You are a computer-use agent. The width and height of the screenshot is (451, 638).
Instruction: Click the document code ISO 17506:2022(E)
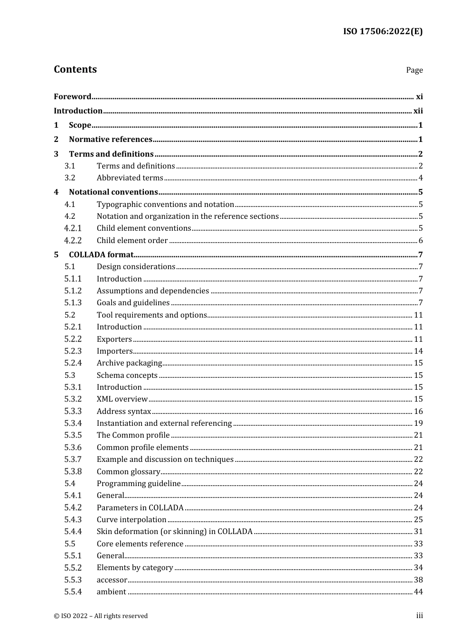(x=383, y=32)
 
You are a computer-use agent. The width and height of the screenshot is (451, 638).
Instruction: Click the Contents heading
(x=75, y=69)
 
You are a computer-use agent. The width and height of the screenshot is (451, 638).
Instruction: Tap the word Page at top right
(x=414, y=70)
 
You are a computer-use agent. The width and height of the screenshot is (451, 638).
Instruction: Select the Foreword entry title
(x=72, y=97)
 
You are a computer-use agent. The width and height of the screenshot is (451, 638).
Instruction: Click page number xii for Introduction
(x=418, y=111)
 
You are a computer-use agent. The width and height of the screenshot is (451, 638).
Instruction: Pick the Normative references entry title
(x=111, y=140)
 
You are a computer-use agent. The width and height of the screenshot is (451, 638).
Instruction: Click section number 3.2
(x=70, y=178)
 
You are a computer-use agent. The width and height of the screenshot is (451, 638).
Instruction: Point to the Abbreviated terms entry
(x=130, y=178)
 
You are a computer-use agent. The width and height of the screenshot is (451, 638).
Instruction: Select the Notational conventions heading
(x=113, y=192)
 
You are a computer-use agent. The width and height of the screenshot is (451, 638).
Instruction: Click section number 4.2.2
(x=73, y=241)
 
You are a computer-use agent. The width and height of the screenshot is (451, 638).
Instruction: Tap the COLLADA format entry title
(x=101, y=255)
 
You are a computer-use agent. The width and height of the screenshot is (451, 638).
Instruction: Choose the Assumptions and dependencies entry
(x=152, y=291)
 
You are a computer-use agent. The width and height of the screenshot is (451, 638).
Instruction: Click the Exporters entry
(x=114, y=339)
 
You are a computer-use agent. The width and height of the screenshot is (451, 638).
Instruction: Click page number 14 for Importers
(x=418, y=351)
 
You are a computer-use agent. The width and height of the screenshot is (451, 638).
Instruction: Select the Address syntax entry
(x=123, y=412)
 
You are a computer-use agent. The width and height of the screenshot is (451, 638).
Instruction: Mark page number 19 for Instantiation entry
(x=418, y=423)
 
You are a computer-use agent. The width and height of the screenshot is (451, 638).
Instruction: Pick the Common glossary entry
(x=128, y=472)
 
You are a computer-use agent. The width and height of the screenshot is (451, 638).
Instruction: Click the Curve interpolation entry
(x=132, y=520)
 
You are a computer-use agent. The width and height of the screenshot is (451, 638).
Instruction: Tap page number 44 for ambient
(x=418, y=592)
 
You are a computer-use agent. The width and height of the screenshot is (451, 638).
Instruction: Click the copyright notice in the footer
(x=101, y=616)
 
